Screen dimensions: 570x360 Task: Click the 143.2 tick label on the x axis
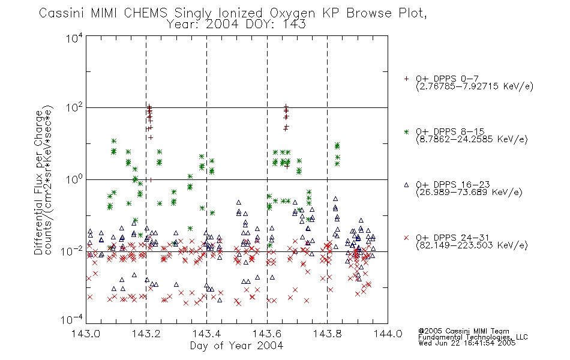point(146,334)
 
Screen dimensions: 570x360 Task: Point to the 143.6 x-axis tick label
point(267,334)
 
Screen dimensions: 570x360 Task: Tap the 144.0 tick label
point(388,334)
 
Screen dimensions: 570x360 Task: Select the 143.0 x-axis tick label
point(86,334)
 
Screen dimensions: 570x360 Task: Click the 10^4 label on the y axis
point(74,38)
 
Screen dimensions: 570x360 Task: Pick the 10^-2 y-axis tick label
point(73,250)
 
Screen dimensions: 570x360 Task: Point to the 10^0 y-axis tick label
point(74,179)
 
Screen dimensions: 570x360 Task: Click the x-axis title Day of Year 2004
point(236,346)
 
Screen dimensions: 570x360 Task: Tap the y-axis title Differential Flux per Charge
point(38,182)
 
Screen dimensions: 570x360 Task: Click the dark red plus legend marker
point(406,79)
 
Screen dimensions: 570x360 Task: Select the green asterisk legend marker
point(406,131)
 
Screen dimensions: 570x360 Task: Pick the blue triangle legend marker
point(406,185)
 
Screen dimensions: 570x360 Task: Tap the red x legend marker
point(406,238)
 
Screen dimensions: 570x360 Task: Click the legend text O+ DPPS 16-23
point(453,185)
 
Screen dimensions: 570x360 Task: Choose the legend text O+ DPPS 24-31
point(452,238)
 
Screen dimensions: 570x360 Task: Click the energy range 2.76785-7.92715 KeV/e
point(475,86)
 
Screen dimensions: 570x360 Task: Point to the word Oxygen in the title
point(293,13)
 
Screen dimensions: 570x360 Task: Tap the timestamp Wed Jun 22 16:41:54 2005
point(467,343)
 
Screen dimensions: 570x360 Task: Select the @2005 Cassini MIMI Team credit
point(463,331)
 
